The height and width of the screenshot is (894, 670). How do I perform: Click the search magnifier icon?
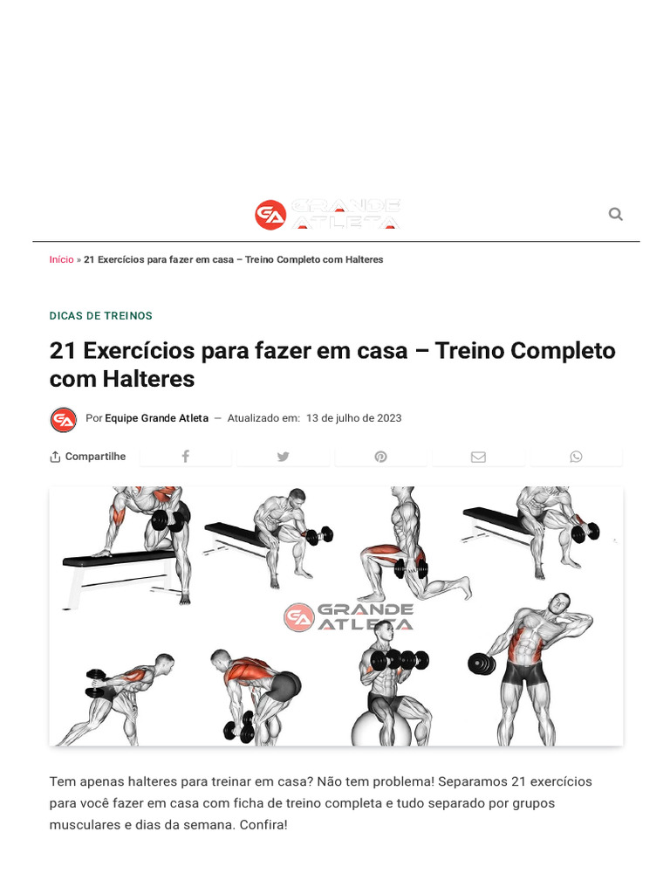615,214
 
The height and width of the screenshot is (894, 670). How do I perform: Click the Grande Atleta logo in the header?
328,215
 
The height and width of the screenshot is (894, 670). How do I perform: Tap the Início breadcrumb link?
61,259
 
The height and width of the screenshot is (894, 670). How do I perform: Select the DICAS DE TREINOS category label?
100,316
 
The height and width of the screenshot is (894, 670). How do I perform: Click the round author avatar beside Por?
64,420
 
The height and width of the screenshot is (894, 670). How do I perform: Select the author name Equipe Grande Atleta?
156,418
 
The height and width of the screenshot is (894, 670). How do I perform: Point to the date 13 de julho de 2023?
353,418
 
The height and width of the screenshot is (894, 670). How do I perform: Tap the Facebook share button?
185,457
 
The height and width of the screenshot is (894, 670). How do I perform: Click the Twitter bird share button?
283,457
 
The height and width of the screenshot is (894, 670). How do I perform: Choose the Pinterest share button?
380,457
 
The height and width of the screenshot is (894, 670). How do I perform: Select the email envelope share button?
478,457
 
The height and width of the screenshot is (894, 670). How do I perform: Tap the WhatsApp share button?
576,457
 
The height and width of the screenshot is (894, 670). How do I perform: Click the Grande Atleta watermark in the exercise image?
349,616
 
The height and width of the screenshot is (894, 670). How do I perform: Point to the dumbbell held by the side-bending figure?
481,664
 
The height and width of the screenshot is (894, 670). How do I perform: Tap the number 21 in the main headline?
63,350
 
